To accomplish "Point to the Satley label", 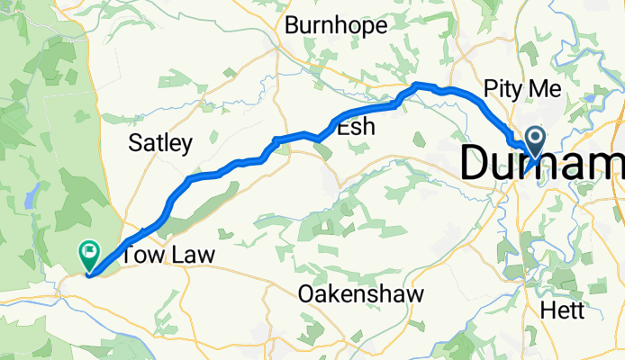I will click(160, 142).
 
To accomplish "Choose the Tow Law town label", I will click(168, 256).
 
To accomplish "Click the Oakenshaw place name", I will click(360, 294).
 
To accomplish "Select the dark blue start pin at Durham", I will click(535, 140).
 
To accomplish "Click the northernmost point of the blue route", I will click(417, 85).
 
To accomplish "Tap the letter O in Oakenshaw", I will click(307, 294).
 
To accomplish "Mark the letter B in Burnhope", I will click(292, 26).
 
